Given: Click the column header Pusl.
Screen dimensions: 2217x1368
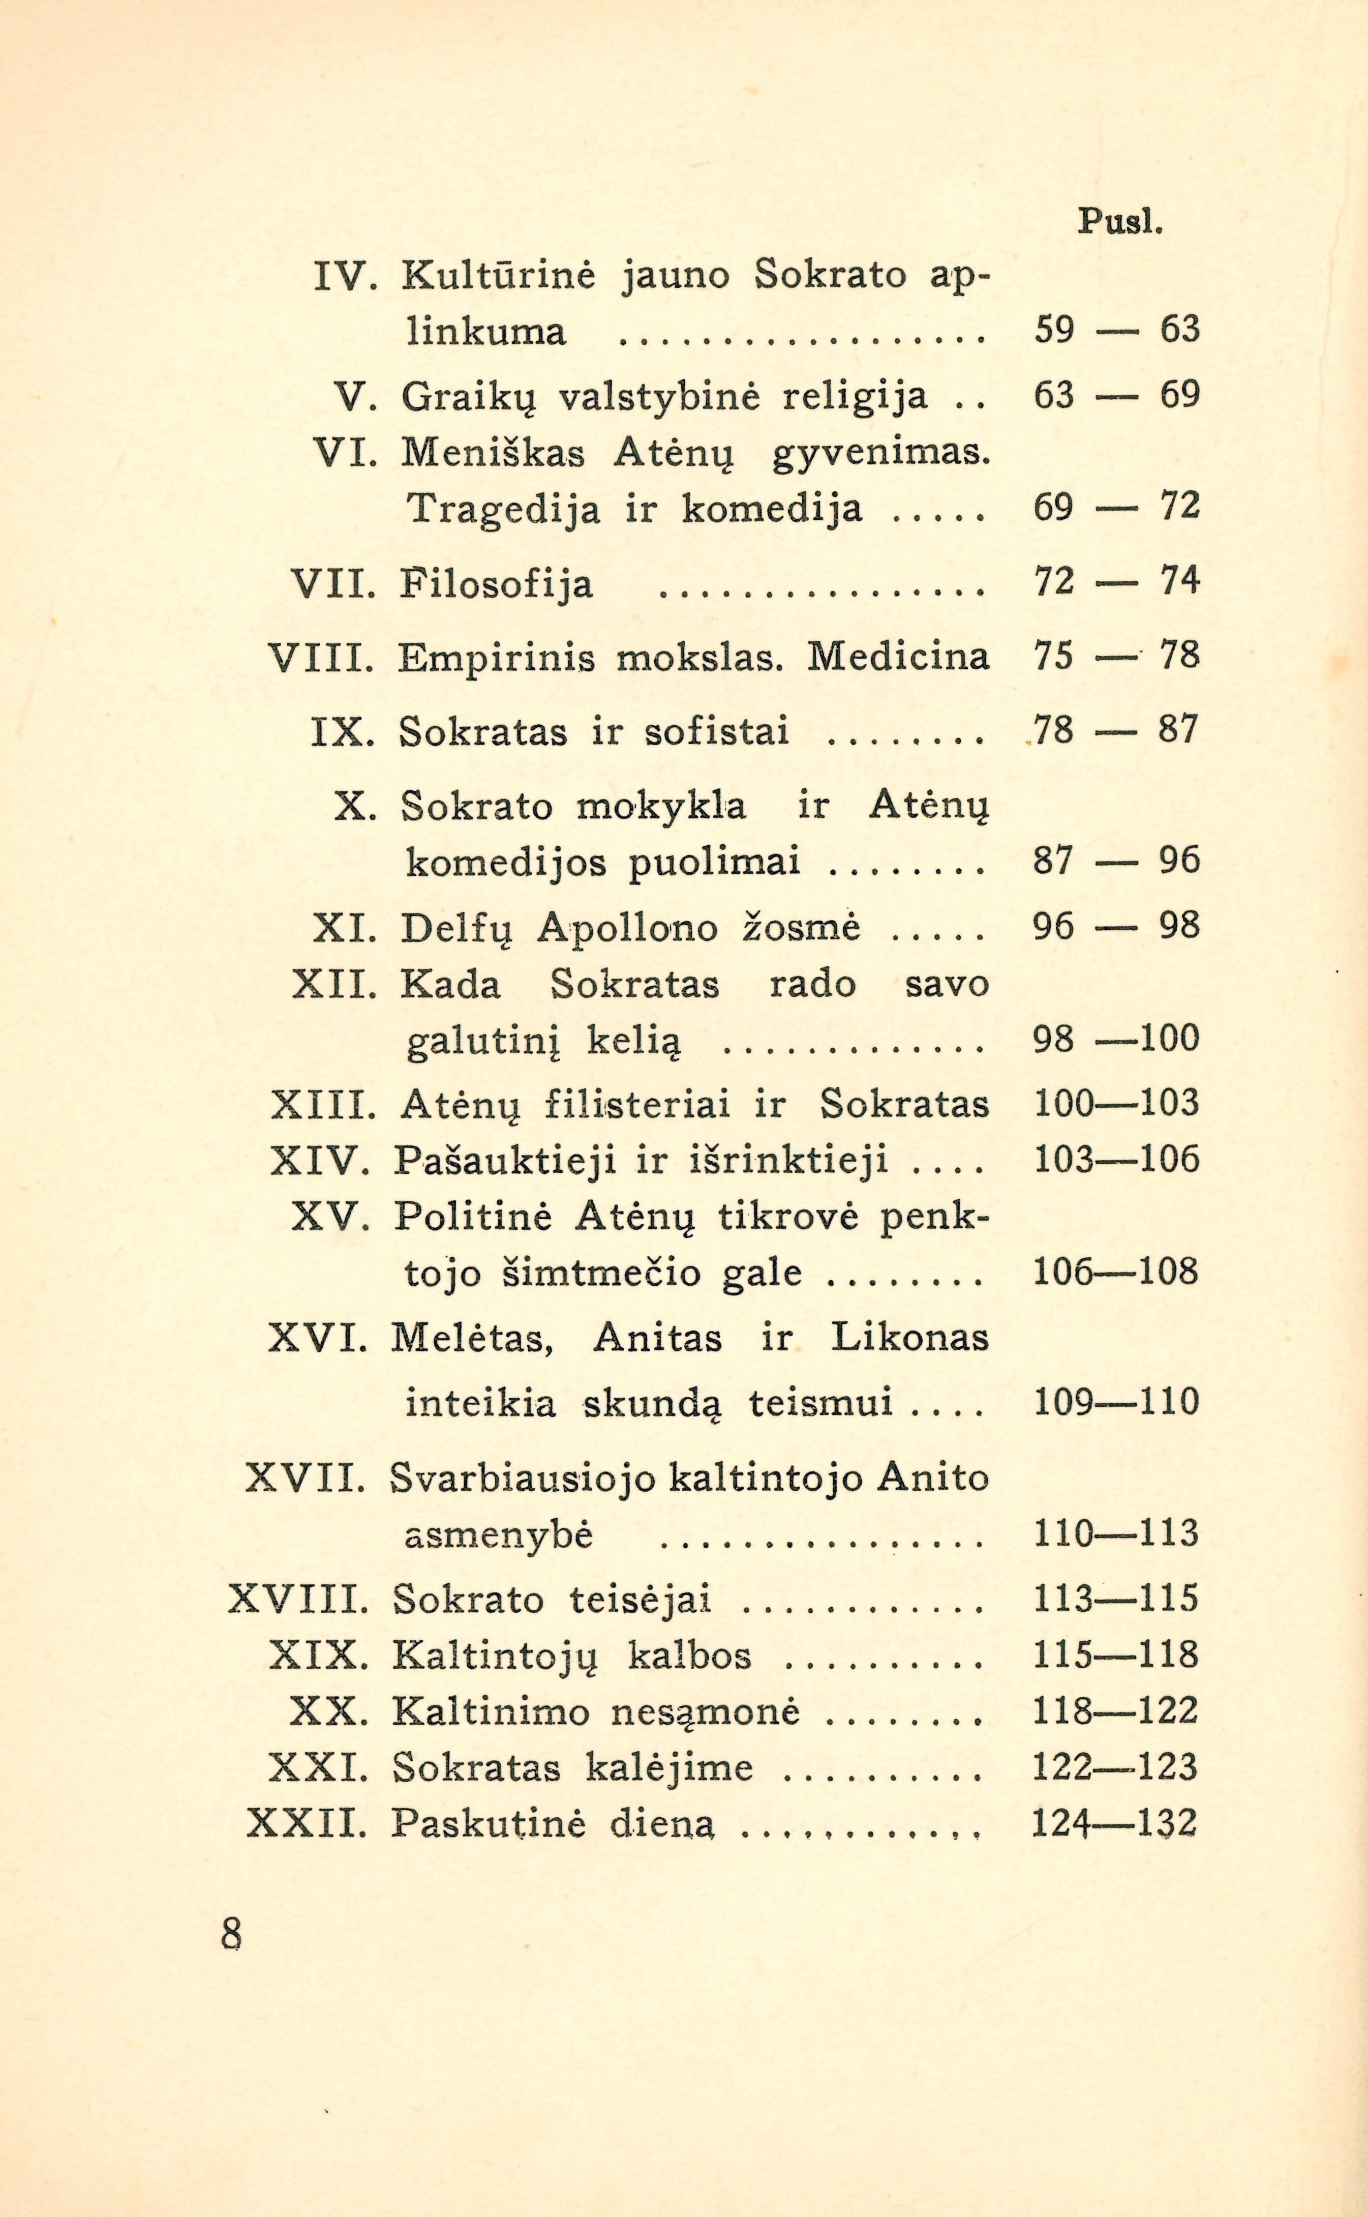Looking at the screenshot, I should pos(1118,222).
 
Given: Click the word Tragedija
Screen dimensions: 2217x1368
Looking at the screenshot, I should pos(503,510).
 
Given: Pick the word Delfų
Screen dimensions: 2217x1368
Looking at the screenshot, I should pos(457,928).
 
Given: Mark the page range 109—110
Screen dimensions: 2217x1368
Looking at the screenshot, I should pos(1115,1402).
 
